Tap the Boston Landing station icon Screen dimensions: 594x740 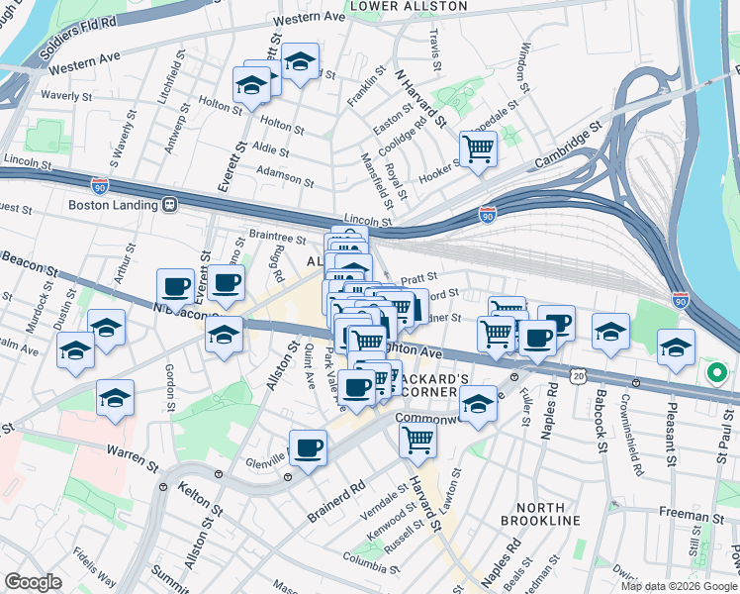170,205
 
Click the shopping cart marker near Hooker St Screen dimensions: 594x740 479,149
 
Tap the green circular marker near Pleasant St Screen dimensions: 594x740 716,374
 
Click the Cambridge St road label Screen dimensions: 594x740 569,146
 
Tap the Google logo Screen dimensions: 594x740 33,581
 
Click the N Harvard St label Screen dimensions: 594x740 420,100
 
